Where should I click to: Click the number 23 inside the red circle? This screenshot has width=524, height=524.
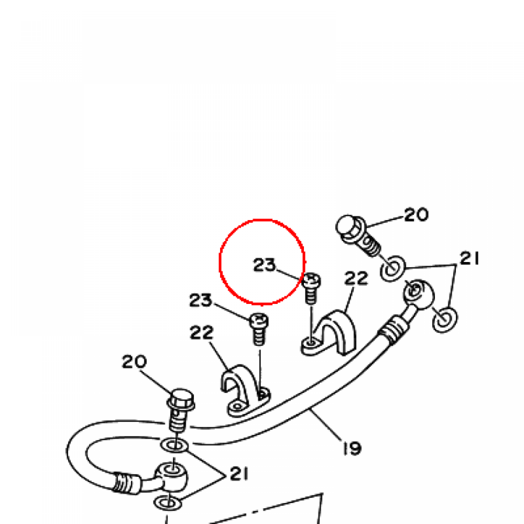(265, 265)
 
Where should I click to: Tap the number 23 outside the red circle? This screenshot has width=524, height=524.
(201, 300)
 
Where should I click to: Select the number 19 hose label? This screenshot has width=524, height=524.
(352, 448)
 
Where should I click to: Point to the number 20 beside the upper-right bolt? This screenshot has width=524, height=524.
(416, 215)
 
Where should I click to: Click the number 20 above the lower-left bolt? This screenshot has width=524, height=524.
(134, 362)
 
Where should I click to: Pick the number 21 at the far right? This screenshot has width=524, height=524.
(469, 259)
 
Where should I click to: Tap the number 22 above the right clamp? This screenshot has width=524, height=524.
(356, 279)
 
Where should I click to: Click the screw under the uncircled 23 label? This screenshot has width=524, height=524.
(258, 329)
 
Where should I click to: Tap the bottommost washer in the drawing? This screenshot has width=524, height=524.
(167, 503)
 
